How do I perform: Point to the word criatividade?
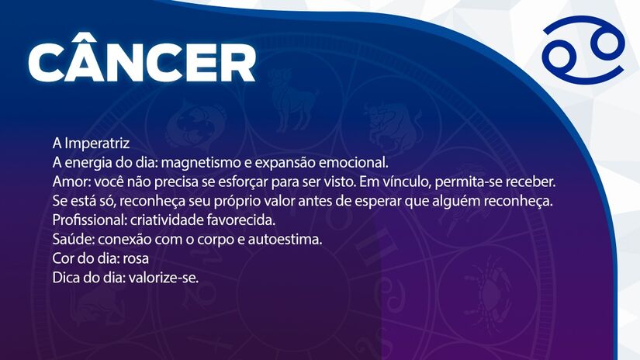pyautogui.click(x=164, y=220)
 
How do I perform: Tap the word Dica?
pyautogui.click(x=66, y=277)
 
